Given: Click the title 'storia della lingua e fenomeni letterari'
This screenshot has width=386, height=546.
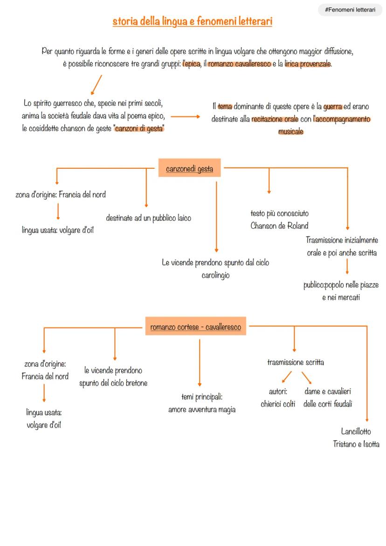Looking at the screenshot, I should tap(192, 21).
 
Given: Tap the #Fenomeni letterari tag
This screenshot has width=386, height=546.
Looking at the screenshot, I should tap(350, 10).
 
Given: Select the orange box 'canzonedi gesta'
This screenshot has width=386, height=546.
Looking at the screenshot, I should tap(189, 169).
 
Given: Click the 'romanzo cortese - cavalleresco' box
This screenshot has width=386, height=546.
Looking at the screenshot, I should tap(195, 327).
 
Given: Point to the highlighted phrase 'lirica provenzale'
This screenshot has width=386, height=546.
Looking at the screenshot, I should tap(308, 64).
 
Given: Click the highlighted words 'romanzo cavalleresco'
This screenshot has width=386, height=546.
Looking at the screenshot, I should tap(239, 64).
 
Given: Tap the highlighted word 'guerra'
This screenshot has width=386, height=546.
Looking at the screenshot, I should tap(333, 107).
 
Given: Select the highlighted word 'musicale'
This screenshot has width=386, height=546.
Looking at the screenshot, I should tap(290, 131).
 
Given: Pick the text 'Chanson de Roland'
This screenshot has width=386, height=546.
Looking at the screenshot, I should tap(279, 226).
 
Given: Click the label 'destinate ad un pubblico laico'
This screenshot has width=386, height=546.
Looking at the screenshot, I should tap(148, 218).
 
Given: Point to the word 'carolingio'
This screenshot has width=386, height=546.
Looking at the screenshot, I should tap(215, 275).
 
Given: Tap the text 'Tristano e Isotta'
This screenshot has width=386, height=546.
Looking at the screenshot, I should tap(356, 444).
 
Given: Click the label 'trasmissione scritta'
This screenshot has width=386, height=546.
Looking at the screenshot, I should tap(296, 362).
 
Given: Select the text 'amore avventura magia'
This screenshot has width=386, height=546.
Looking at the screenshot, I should tap(202, 409).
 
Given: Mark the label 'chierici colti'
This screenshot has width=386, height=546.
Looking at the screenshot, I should tap(278, 404).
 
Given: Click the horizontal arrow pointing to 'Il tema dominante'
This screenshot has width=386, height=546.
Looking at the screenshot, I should tap(188, 117).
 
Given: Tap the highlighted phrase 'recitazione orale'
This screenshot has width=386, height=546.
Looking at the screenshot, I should tap(275, 119).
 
